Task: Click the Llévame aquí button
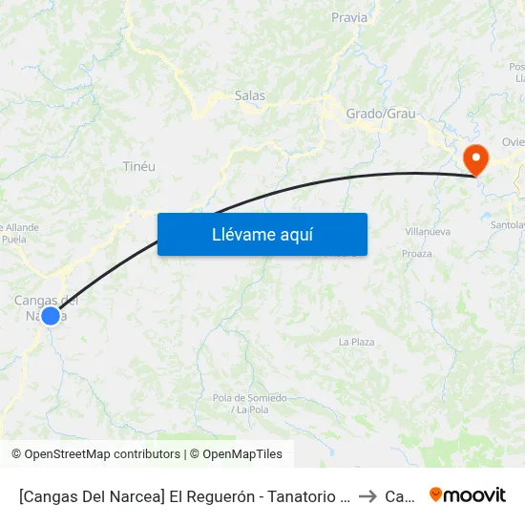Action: (262, 234)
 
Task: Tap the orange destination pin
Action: (474, 158)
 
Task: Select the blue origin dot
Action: (51, 315)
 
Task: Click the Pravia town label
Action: (348, 17)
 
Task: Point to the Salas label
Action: (250, 95)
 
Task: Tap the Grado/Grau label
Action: (381, 114)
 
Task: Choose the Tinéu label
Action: (139, 166)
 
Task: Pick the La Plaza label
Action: (357, 342)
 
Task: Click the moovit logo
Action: (468, 494)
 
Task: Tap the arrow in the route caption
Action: (367, 496)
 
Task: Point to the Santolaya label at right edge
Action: (508, 225)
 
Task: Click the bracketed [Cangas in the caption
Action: (56, 496)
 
